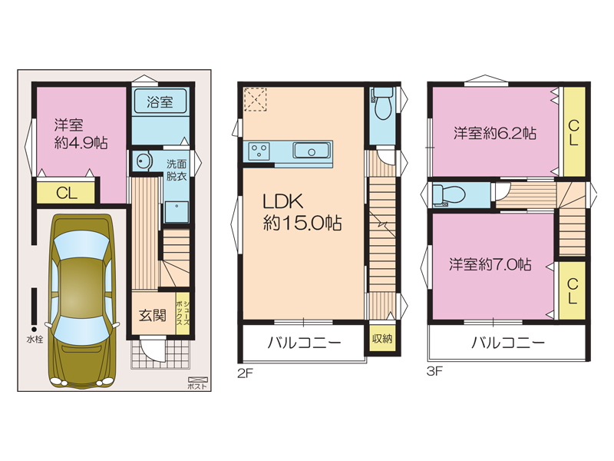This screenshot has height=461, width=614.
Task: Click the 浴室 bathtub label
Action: coord(160,101)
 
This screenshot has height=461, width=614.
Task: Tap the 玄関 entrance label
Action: coord(153,315)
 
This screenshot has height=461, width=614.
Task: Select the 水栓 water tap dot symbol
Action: coord(34,330)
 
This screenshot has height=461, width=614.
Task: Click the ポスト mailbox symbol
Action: coord(198,380)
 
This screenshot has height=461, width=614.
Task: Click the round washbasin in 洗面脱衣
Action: coord(144,161)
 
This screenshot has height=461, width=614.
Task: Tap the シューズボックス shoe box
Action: coord(183,313)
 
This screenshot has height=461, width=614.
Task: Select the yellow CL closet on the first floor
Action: coord(66,193)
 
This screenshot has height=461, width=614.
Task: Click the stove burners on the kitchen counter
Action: coord(259,151)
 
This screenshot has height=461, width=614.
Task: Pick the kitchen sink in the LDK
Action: coord(312,151)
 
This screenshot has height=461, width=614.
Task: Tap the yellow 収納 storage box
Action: coord(382,338)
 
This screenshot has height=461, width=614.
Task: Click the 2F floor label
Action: coord(245,373)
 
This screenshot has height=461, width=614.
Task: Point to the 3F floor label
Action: coord(434,371)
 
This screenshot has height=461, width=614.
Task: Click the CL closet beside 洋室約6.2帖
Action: coord(573,131)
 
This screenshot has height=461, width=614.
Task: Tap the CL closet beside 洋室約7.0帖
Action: coord(572,290)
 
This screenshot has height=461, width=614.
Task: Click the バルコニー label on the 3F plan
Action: coord(507,343)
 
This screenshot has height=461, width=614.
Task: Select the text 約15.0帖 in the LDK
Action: coord(302,223)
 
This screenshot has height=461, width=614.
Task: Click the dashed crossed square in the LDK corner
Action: coord(255,100)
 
